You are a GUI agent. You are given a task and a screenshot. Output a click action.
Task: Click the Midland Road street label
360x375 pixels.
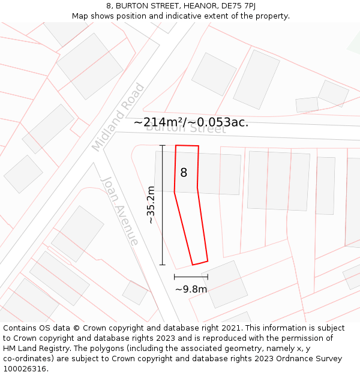(118, 117)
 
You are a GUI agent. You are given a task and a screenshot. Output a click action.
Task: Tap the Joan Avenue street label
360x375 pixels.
(120, 211)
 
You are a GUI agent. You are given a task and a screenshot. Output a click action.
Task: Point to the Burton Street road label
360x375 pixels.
(186, 128)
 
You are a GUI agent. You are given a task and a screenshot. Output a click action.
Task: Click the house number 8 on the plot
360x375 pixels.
(184, 173)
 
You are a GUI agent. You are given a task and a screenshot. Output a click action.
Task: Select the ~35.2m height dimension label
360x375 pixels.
(151, 205)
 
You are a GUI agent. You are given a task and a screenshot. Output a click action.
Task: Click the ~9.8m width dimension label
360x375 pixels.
(191, 289)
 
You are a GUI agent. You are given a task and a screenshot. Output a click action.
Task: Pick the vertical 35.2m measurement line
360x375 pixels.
(163, 205)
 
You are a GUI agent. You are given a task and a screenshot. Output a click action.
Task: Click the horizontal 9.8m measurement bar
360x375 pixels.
(191, 277)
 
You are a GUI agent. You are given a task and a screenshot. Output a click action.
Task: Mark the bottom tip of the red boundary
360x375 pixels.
(193, 265)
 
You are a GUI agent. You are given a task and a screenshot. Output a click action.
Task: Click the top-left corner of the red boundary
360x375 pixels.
(176, 145)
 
